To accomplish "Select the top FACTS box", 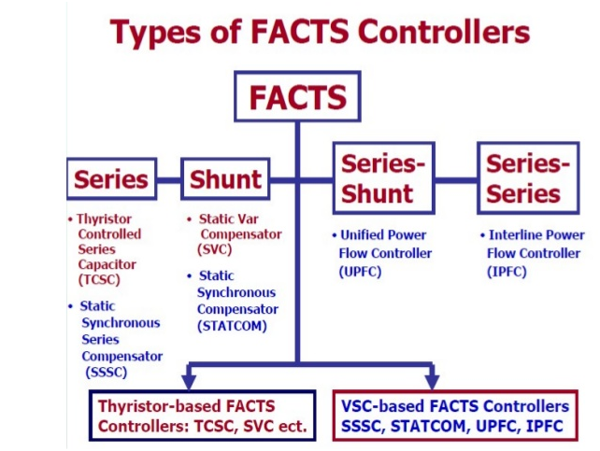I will pos(297,97).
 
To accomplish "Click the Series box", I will pos(111,179).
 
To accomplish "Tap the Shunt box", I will pos(224,179).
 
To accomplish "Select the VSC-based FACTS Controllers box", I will pos(454,417).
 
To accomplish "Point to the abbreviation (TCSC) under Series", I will pos(99,280).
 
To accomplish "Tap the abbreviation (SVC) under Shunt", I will pos(216,250).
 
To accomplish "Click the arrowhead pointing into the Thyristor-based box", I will pos(189,381).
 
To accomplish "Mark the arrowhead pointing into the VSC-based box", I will pos(432,381).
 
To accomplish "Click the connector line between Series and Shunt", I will pos(167,179).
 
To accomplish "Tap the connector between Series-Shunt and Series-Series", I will pos(454,179).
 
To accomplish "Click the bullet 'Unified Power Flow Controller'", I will pos(383,245).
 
